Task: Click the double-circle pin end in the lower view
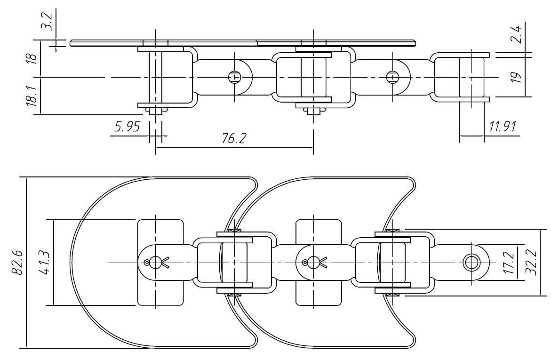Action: click(x=469, y=262)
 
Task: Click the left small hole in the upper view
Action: click(x=233, y=76)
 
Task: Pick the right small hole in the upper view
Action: click(x=391, y=76)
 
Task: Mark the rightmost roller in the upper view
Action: click(x=471, y=76)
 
